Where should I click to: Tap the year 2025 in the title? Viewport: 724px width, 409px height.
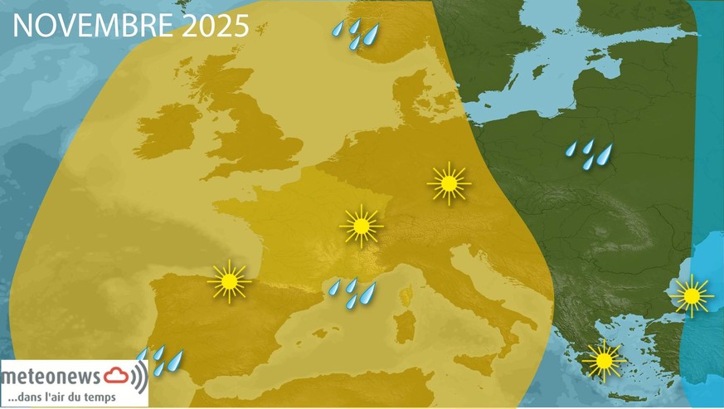[x=216, y=26]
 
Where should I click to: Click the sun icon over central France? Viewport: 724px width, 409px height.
[x=361, y=226]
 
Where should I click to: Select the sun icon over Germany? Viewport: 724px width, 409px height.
[x=449, y=183]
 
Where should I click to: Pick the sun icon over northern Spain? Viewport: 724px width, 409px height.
[x=229, y=281]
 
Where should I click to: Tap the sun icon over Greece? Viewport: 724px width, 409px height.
[x=603, y=360]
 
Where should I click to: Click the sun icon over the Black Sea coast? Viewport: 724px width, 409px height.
[x=690, y=295]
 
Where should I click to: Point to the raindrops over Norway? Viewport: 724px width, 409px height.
[x=356, y=34]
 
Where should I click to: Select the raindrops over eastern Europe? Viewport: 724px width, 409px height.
[x=590, y=153]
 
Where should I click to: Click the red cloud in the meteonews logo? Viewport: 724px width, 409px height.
[x=115, y=377]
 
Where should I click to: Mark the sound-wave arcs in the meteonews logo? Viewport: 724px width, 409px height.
[x=138, y=377]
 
